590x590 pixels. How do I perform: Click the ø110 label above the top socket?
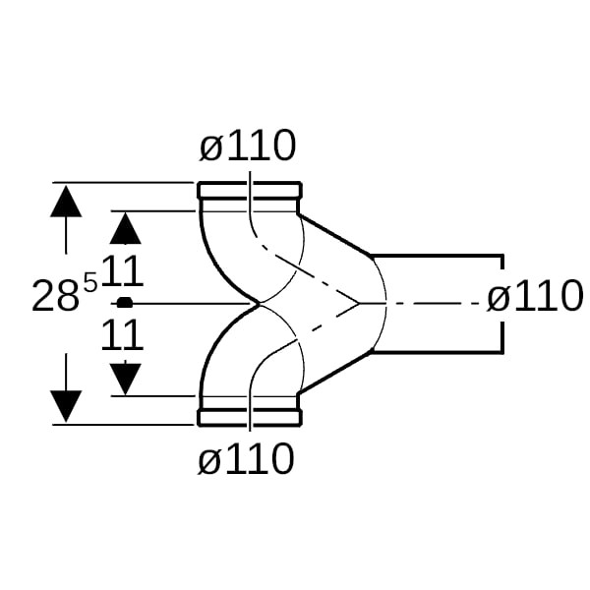[x=247, y=147]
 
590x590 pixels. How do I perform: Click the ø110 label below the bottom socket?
[x=247, y=459]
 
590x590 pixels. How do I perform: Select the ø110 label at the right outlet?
[x=535, y=296]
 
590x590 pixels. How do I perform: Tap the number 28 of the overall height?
[x=55, y=297]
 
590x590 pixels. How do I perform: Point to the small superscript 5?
[x=90, y=283]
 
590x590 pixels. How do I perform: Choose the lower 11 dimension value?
[x=123, y=334]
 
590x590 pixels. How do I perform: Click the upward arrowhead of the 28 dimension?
[x=66, y=202]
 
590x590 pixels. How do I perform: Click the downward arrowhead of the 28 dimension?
[x=66, y=405]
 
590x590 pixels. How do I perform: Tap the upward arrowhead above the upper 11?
[x=125, y=229]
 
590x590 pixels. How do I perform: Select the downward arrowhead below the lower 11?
[x=125, y=378]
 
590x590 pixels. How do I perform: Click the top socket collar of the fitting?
[x=249, y=191]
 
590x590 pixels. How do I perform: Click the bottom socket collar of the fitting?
[x=249, y=417]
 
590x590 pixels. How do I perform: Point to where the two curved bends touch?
[x=259, y=304]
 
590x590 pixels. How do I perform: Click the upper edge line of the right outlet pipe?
[x=438, y=255]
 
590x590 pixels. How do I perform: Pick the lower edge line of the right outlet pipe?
[x=438, y=351]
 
